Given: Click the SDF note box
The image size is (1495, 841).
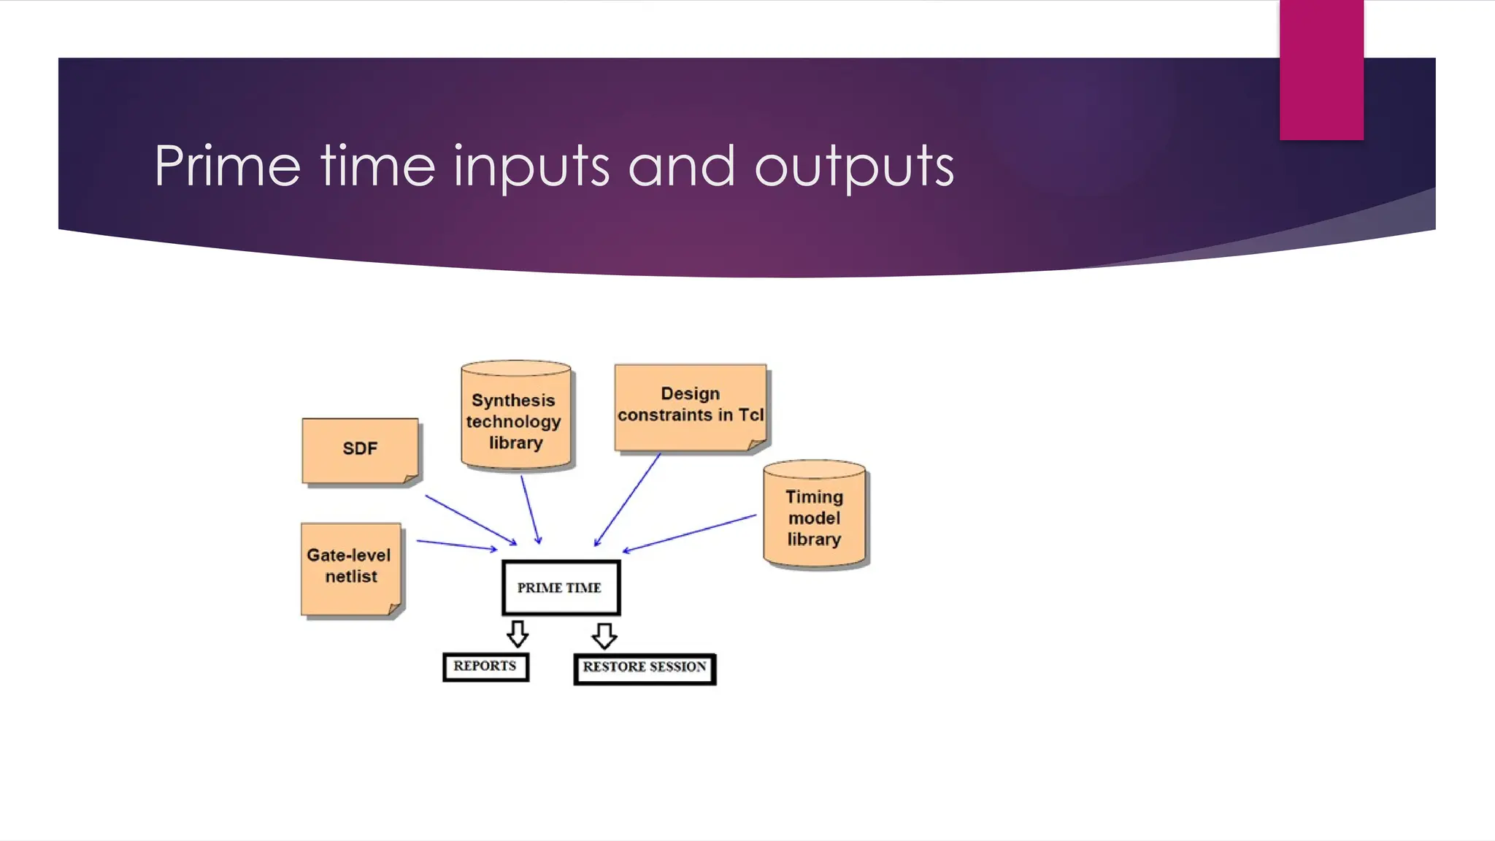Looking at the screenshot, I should (360, 449).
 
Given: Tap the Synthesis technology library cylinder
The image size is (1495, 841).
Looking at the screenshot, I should (515, 416).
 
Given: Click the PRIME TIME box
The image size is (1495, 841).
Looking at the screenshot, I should (561, 588).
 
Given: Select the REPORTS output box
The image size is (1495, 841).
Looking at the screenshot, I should (485, 667).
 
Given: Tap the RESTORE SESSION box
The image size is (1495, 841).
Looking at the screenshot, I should (645, 668).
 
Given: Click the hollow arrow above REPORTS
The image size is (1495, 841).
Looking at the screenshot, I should (518, 633).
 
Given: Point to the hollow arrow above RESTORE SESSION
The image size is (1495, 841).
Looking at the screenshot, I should (604, 634).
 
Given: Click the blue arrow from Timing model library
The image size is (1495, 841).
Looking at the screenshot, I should (690, 533).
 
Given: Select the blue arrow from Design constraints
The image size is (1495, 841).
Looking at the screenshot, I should (628, 499).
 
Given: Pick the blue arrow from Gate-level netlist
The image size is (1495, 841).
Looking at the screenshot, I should (456, 545).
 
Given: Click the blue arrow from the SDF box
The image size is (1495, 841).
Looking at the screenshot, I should (471, 520).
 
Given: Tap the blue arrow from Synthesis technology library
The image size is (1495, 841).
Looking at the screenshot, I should (531, 510).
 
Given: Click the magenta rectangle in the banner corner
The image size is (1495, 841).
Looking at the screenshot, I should (1321, 69).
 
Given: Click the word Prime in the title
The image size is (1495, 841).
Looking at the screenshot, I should (227, 166).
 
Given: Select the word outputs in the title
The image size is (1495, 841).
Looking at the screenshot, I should (854, 166).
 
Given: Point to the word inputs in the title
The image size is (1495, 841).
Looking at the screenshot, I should (531, 168).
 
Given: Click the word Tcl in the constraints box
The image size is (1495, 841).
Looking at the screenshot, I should (750, 415).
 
